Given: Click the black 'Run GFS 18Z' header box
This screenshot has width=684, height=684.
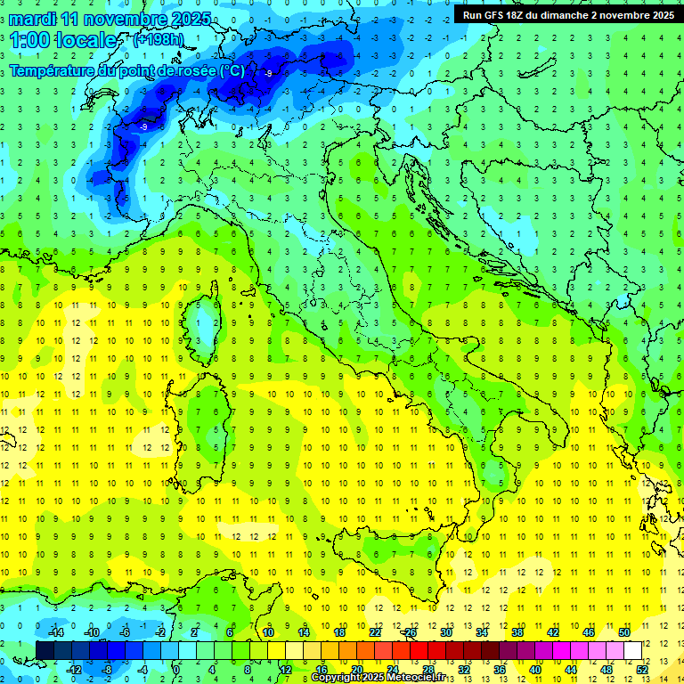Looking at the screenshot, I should tap(568, 15).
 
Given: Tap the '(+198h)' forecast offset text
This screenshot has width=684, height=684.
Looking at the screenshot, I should tap(158, 40).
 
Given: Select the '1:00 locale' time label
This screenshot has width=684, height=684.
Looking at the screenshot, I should tap(62, 41).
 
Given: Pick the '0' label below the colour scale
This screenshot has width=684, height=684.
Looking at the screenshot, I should tap(177, 669).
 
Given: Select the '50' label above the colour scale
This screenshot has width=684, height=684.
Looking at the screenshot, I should tap(624, 632).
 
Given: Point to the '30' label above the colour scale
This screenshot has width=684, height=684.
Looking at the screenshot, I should tap(446, 632).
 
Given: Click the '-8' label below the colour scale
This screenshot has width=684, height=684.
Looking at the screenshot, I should tap(107, 669).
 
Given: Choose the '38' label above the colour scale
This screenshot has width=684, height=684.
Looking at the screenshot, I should tap(517, 632).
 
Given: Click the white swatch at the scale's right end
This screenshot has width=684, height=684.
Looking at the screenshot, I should tap(632, 650).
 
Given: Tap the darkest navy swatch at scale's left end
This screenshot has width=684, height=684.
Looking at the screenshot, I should tap(45, 650).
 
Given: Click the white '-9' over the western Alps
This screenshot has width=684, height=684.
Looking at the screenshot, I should tap(143, 127).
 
